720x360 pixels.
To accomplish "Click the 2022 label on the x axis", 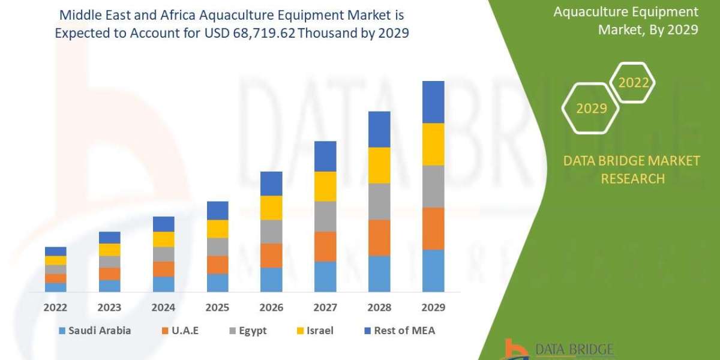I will pyautogui.click(x=55, y=308).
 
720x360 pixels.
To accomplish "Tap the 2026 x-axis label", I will pyautogui.click(x=271, y=308).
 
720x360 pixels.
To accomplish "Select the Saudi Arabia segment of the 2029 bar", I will pyautogui.click(x=433, y=271).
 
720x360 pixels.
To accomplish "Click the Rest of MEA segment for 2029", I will pyautogui.click(x=433, y=102).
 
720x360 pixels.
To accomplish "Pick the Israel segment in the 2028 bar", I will pyautogui.click(x=379, y=165).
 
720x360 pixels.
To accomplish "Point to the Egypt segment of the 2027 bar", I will pyautogui.click(x=325, y=217).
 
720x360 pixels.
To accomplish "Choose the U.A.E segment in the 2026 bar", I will pyautogui.click(x=271, y=256).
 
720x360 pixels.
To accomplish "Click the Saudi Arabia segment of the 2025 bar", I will pyautogui.click(x=217, y=283).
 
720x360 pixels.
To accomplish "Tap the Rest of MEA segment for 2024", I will pyautogui.click(x=163, y=224).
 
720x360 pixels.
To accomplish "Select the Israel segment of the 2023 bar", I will pyautogui.click(x=109, y=250).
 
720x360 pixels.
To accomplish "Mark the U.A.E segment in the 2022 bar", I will pyautogui.click(x=55, y=278).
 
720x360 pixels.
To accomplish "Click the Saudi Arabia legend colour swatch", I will pyautogui.click(x=62, y=331).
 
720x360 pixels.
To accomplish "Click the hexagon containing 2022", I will pyautogui.click(x=633, y=83).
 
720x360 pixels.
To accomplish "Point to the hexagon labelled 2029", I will pyautogui.click(x=590, y=108).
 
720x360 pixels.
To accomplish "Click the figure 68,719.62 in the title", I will pyautogui.click(x=258, y=34).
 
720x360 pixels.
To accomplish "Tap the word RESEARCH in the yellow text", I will pyautogui.click(x=632, y=179).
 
